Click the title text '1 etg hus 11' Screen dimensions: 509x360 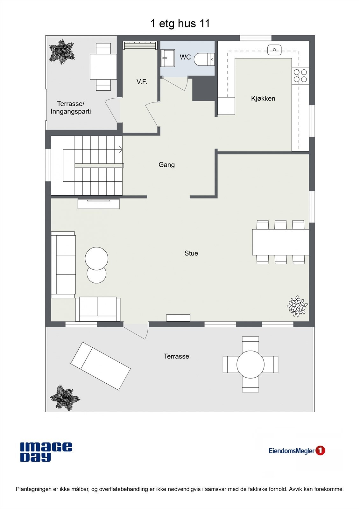click(180, 24)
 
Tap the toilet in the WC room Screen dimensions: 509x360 click(203, 59)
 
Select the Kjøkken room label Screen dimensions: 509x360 click(263, 99)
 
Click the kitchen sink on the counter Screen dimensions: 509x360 click(274, 50)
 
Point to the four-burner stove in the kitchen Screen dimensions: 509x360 click(300, 76)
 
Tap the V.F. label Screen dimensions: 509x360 click(142, 82)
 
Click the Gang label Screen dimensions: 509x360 click(166, 165)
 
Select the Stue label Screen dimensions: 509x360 click(191, 253)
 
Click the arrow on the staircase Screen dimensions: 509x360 click(121, 149)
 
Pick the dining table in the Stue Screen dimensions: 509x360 click(280, 242)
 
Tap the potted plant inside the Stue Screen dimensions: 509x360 click(297, 306)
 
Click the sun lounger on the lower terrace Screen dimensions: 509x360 click(100, 366)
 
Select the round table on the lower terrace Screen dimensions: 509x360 click(251, 364)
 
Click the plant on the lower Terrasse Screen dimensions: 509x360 click(65, 397)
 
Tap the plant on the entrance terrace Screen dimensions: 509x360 click(62, 51)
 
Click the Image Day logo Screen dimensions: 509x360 click(46, 452)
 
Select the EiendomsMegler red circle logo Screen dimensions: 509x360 click(320, 450)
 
